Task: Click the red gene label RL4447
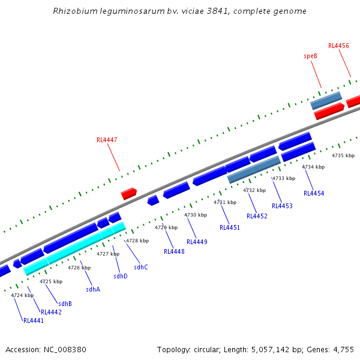(107, 140)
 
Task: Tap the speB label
(310, 56)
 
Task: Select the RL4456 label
(338, 46)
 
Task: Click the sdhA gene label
(93, 289)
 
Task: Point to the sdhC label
(141, 267)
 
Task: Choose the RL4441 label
(34, 320)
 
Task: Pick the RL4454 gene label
(314, 193)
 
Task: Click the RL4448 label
(174, 251)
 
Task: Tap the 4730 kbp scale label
(196, 215)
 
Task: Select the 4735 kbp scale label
(343, 155)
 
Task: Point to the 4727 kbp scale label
(108, 254)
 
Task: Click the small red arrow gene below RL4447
(129, 193)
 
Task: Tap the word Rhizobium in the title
(73, 11)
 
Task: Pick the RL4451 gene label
(230, 227)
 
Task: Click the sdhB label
(65, 304)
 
